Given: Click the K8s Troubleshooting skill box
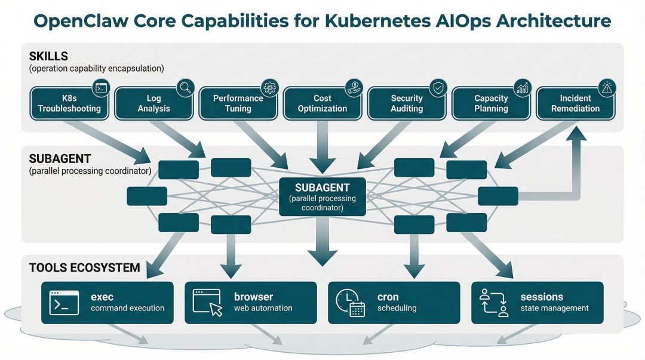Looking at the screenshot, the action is tap(69, 103).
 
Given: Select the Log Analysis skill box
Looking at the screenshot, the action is tap(154, 103).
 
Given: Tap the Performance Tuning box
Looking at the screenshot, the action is tap(238, 103).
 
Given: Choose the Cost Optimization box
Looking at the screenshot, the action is tap(322, 103).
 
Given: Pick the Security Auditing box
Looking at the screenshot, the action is tap(407, 103).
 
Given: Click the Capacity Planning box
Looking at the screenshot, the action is tap(491, 103).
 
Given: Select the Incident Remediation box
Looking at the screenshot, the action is tap(576, 103).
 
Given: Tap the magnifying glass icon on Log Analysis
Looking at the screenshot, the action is tap(186, 88).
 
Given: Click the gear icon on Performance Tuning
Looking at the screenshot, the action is tap(270, 88).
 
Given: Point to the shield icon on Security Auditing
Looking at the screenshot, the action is tap(438, 88).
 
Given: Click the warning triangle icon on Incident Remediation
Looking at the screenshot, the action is tap(607, 88).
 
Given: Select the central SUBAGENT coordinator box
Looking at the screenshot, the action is tap(322, 196).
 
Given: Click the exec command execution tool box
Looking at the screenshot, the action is tap(107, 303).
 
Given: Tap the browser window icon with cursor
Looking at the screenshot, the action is tap(207, 303).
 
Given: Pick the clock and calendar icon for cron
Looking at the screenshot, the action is tap(350, 303).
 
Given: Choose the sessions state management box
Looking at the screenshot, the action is tap(537, 303).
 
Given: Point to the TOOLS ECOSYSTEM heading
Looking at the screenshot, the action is tap(84, 268).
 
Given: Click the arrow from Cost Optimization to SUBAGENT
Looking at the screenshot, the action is tap(322, 147).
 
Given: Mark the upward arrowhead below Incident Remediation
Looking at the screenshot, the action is tap(576, 134).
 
